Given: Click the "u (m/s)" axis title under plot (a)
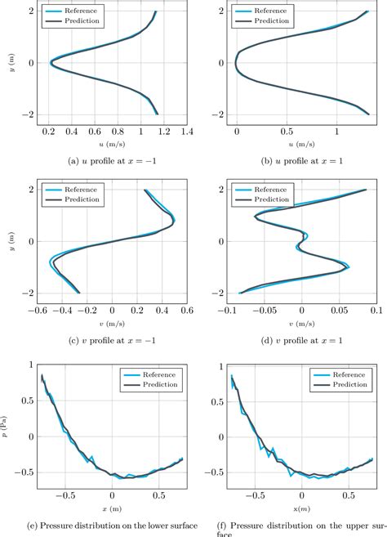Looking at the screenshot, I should [x=112, y=145].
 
